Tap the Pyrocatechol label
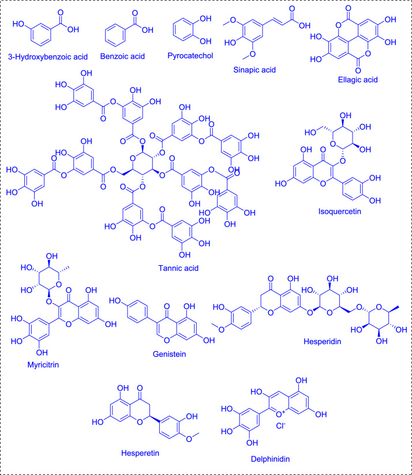(x=193, y=58)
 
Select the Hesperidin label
(x=319, y=341)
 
